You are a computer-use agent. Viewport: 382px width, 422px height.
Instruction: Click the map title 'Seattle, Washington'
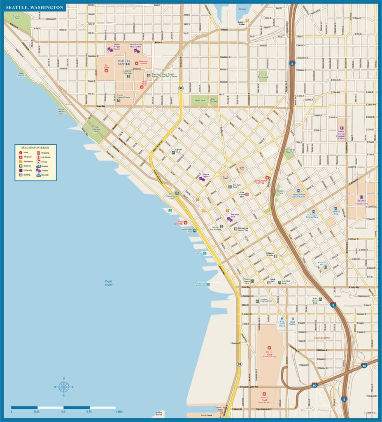[x=35, y=7]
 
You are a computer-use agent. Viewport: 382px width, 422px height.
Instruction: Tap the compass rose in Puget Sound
[x=64, y=387]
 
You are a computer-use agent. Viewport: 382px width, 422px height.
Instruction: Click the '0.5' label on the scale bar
[x=63, y=412]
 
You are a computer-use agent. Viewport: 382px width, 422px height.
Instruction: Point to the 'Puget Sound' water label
[x=108, y=283]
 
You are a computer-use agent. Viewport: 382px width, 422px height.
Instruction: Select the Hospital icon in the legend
[x=39, y=166]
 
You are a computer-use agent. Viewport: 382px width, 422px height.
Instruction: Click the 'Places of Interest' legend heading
[x=35, y=148]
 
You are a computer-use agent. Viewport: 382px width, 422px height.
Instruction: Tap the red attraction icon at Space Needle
[x=142, y=87]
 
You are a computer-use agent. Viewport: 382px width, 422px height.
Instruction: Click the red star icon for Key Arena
[x=106, y=71]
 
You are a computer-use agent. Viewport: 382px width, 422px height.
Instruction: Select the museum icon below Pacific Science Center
[x=119, y=101]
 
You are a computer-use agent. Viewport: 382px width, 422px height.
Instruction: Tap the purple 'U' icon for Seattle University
[x=361, y=197]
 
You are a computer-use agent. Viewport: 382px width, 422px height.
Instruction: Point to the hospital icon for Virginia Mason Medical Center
[x=298, y=191]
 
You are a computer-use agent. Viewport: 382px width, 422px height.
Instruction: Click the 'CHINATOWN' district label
[x=321, y=338]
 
